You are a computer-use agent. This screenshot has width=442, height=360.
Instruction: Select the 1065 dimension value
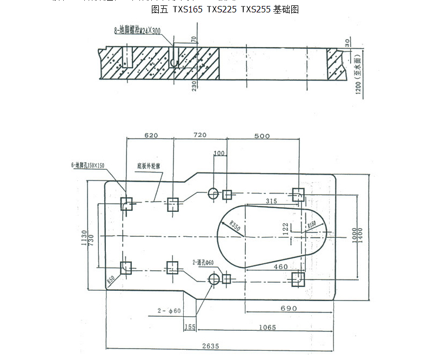[267, 327]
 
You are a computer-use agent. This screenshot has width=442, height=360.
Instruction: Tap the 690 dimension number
[288, 309]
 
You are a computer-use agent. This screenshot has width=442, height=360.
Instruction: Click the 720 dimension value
[200, 135]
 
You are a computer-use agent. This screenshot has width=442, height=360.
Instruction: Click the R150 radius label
[312, 225]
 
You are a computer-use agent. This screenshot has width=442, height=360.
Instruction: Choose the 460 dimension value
[280, 267]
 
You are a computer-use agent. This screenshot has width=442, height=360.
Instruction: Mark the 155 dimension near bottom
[190, 327]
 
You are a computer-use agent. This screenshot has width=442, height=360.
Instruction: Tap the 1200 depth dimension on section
[358, 82]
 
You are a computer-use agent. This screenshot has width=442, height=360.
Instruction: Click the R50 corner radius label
[111, 279]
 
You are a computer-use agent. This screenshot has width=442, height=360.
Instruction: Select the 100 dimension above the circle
[218, 154]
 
